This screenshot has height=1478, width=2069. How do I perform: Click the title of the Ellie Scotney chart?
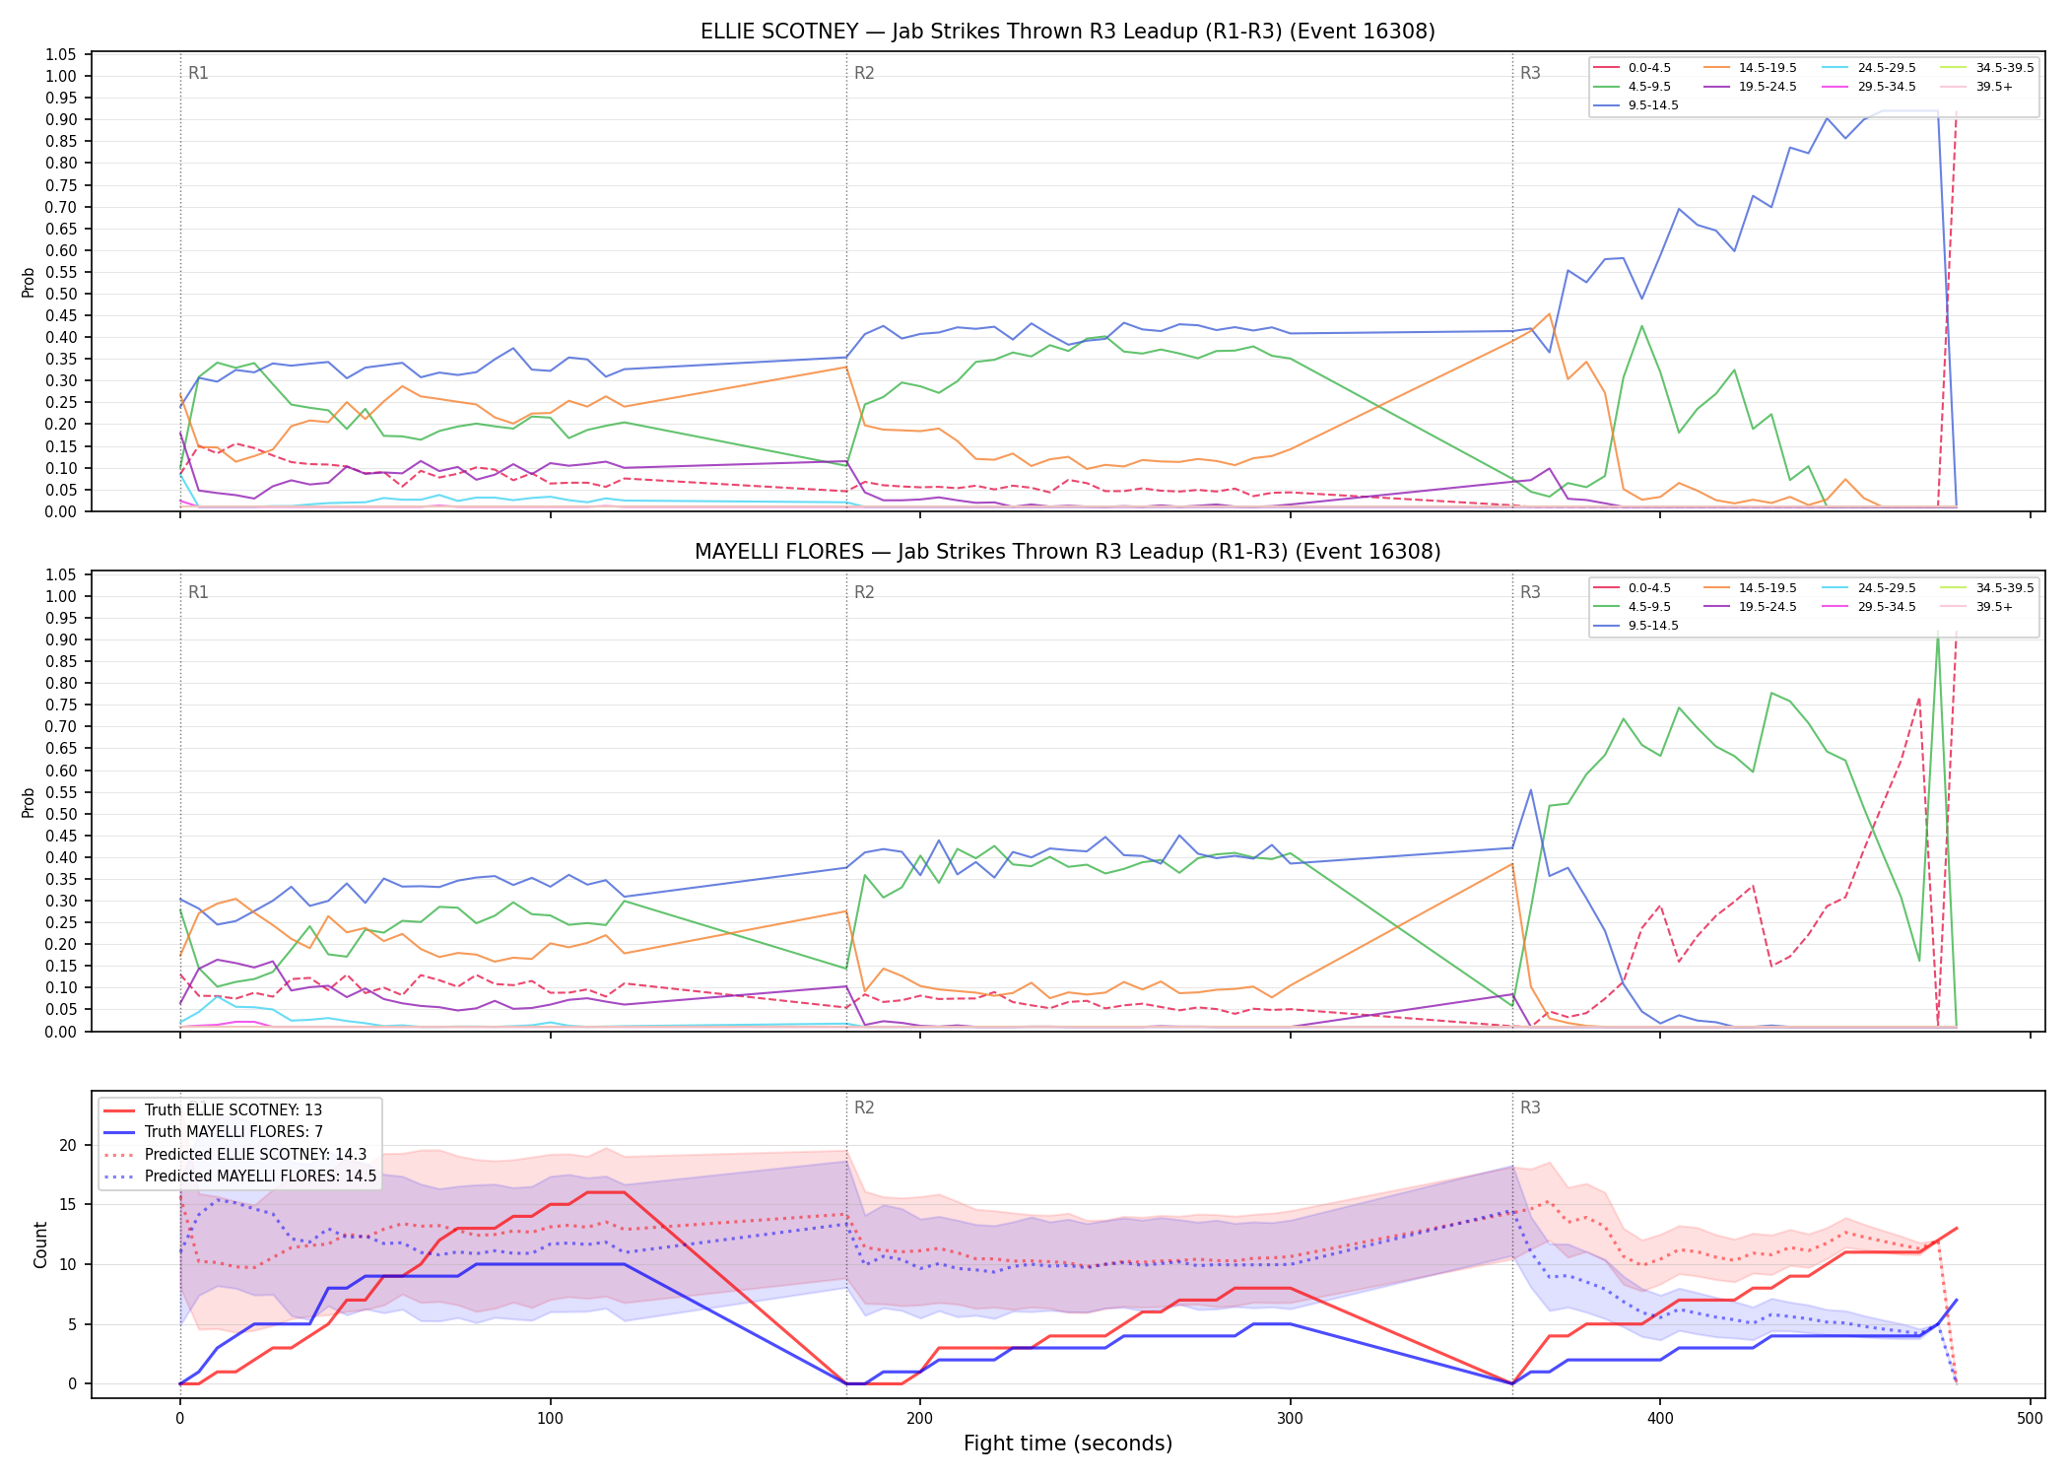pyautogui.click(x=1068, y=32)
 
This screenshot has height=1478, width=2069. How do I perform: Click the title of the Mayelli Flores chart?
pyautogui.click(x=1068, y=552)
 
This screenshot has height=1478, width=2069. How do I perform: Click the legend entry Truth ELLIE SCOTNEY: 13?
pyautogui.click(x=213, y=1110)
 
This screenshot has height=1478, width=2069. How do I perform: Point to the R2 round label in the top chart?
pyautogui.click(x=864, y=73)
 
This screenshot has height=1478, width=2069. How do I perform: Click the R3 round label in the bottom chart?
pyautogui.click(x=1530, y=1108)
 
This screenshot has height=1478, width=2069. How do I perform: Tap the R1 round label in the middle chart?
pyautogui.click(x=198, y=592)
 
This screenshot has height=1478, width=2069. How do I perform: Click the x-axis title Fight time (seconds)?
pyautogui.click(x=1068, y=1444)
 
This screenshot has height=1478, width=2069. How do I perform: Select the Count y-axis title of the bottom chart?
pyautogui.click(x=40, y=1244)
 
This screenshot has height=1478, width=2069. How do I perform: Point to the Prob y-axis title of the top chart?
pyautogui.click(x=29, y=282)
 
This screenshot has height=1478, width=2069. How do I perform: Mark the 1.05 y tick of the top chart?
pyautogui.click(x=61, y=54)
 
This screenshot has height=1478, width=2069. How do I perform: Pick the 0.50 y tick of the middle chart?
pyautogui.click(x=61, y=814)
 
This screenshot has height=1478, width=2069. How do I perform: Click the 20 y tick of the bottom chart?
pyautogui.click(x=68, y=1145)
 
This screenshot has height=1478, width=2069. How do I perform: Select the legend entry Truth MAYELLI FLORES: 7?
pyautogui.click(x=213, y=1132)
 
